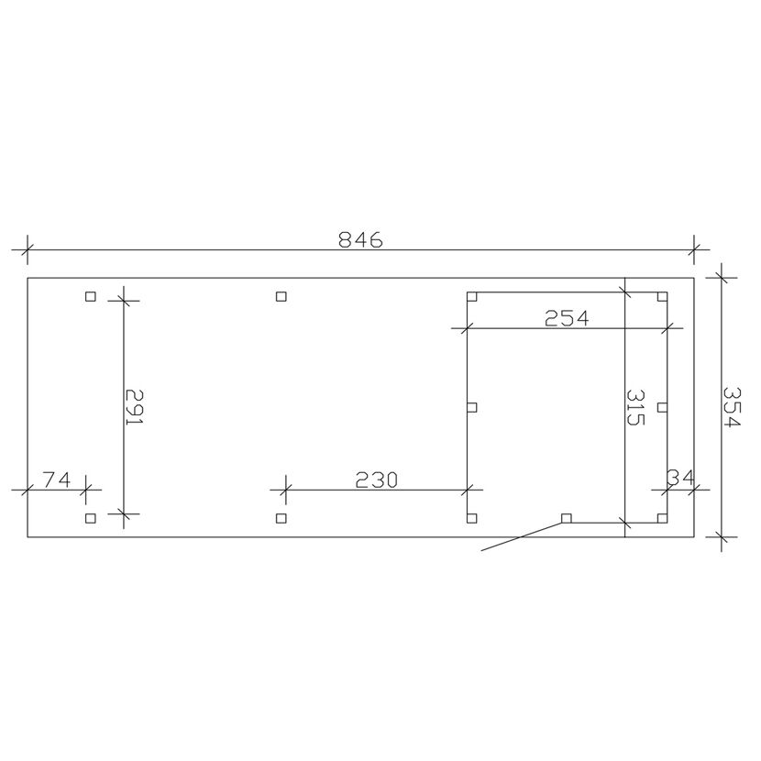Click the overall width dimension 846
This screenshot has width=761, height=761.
(x=360, y=239)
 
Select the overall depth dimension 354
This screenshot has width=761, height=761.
(x=732, y=407)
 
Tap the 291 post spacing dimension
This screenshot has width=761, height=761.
(x=135, y=407)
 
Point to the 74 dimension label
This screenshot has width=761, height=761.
(x=57, y=480)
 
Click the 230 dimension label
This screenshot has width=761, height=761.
(x=377, y=480)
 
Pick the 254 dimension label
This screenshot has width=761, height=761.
(x=567, y=318)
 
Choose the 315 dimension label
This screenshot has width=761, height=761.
(x=634, y=407)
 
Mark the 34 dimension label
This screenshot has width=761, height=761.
(x=680, y=478)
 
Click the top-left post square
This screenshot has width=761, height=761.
(x=90, y=296)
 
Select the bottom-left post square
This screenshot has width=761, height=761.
(x=90, y=518)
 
